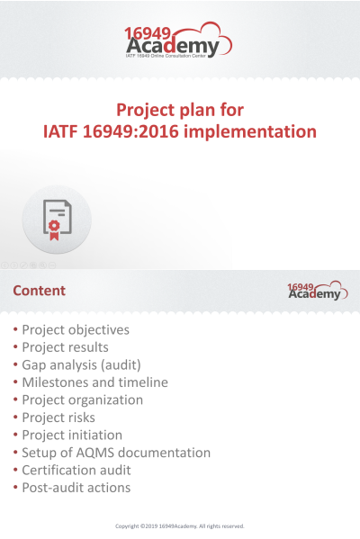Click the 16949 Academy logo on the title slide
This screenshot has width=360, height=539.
(177, 41)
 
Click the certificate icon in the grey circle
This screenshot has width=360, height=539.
(57, 220)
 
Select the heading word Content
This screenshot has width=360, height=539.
(40, 291)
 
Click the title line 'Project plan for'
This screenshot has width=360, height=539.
(180, 110)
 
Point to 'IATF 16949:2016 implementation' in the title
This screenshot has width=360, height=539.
(180, 132)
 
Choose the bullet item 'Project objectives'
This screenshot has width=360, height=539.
(76, 329)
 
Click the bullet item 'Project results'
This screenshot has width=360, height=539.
(65, 347)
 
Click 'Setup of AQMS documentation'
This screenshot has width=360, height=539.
(116, 453)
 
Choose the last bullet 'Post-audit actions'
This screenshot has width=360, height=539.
(76, 488)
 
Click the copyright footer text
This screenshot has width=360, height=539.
(180, 526)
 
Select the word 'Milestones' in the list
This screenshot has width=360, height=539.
(55, 382)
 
